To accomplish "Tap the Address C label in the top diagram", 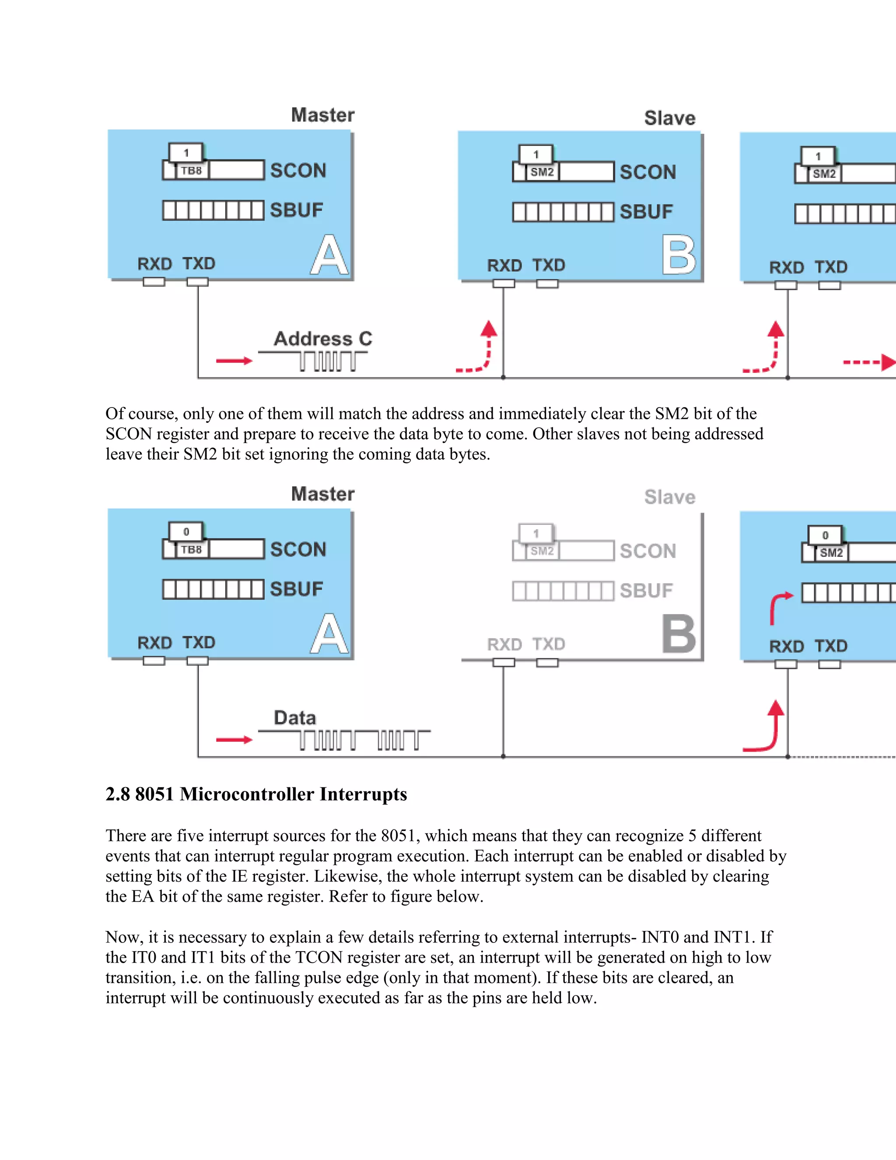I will pos(323,339).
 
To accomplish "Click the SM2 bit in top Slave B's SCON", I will pos(542,172).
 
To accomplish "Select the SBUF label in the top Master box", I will pos(296,210).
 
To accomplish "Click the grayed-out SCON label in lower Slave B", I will pos(647,551).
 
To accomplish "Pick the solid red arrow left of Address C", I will pos(234,361).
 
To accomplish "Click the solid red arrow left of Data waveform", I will pos(234,740).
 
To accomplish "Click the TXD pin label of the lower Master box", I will pos(199,643).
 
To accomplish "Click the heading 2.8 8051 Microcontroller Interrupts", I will pos(256,794).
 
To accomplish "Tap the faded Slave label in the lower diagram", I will pos(669,497).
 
